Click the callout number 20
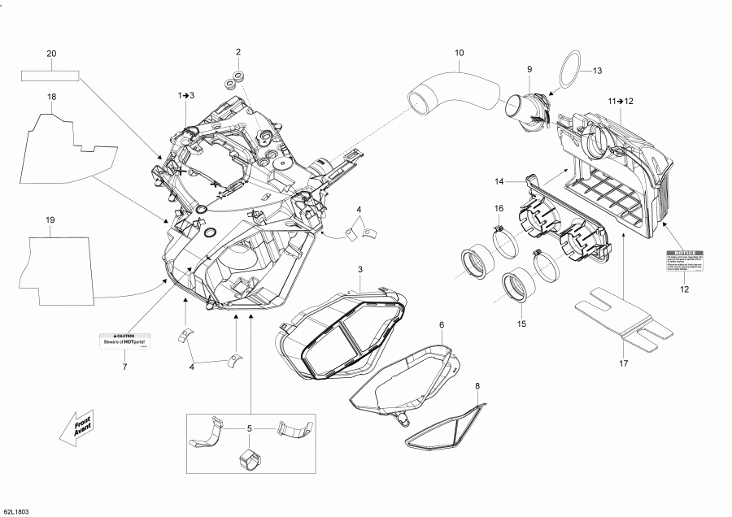(51, 54)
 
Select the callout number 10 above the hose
(459, 54)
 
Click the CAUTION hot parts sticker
(128, 341)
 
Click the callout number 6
(441, 325)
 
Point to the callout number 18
(51, 97)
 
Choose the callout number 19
(50, 220)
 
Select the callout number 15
(521, 324)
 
